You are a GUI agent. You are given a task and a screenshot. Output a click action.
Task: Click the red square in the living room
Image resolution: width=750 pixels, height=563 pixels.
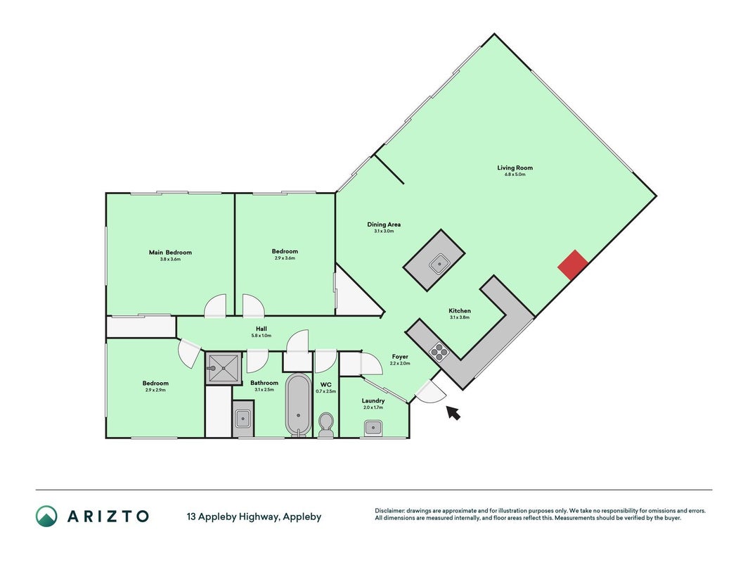[573, 265]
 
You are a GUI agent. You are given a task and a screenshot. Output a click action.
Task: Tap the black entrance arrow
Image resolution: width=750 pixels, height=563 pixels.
[453, 412]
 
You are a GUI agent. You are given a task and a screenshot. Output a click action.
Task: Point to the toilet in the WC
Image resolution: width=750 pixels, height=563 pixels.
[326, 425]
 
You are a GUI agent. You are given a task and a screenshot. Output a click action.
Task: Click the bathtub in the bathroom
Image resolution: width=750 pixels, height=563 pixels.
[299, 405]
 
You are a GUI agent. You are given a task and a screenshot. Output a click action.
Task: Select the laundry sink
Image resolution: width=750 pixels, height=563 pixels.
[373, 427]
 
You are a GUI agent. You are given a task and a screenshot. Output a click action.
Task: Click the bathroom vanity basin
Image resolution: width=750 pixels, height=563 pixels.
[243, 419]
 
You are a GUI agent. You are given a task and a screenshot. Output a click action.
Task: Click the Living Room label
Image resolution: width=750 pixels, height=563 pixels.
[515, 167]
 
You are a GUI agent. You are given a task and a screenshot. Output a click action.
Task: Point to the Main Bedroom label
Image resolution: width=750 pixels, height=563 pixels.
[170, 253]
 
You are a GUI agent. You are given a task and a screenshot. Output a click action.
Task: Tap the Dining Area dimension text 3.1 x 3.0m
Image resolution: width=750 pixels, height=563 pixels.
[384, 232]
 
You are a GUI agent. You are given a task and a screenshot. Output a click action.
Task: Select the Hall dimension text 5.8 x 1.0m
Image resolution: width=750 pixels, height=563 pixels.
[261, 336]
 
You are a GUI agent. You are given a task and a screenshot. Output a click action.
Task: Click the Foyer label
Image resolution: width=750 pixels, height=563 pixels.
[400, 357]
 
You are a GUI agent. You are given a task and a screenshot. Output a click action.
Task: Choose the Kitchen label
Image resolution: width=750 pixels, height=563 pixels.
[460, 310]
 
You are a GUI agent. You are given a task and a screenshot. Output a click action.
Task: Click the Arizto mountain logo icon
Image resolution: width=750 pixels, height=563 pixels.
[46, 516]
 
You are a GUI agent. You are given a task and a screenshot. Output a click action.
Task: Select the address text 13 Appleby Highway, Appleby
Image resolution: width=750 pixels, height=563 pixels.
[254, 517]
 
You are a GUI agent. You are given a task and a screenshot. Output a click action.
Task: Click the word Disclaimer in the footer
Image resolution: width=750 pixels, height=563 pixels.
[390, 511]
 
